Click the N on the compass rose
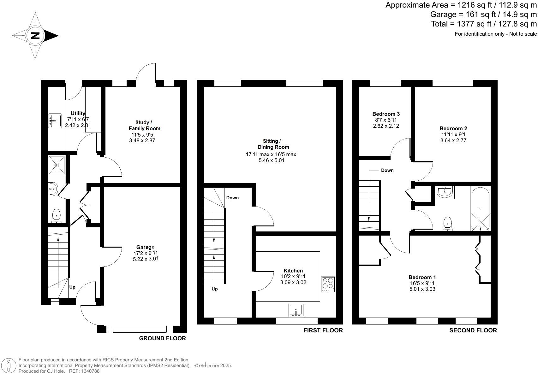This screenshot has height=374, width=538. [x=35, y=35]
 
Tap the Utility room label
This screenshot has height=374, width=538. [x=78, y=113]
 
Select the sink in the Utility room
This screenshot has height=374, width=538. [x=55, y=121]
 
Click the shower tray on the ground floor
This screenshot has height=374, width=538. [x=57, y=165]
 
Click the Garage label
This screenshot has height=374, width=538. [x=145, y=247]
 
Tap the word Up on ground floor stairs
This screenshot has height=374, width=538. [x=72, y=287]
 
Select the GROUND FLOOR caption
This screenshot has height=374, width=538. [x=162, y=338]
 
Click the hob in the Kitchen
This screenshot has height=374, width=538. [x=328, y=284]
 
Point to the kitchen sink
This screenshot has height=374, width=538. [x=296, y=310]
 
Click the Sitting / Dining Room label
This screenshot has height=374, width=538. [x=271, y=144]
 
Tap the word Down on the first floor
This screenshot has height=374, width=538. [x=232, y=198]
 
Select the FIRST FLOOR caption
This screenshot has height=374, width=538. [x=323, y=330]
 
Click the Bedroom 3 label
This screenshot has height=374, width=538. [x=386, y=114]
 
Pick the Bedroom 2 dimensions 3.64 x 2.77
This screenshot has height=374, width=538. [x=453, y=140]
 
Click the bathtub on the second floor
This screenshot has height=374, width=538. [x=480, y=209]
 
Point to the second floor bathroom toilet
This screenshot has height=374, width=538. [x=447, y=224]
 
